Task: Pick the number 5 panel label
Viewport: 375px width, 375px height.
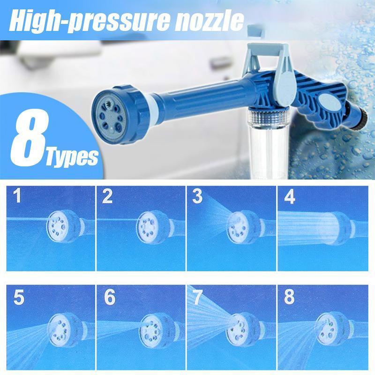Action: pos(18,299)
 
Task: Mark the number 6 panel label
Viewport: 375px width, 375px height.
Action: pos(109,299)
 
